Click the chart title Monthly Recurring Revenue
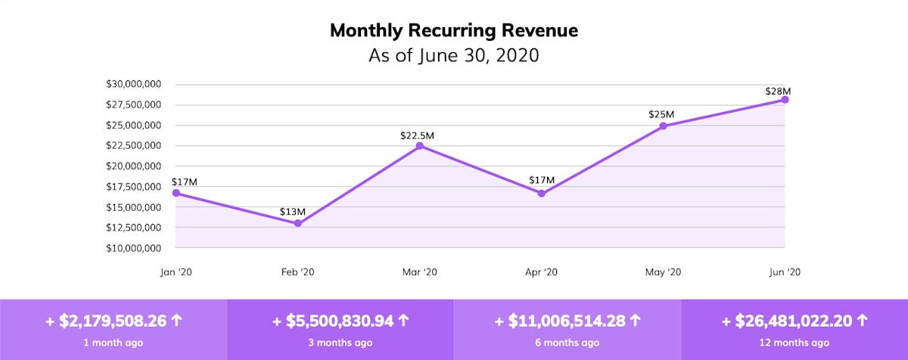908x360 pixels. [454, 31]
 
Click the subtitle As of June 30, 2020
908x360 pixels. [454, 56]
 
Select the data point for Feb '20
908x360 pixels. [298, 223]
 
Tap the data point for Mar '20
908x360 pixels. [420, 146]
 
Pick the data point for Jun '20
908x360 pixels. [785, 100]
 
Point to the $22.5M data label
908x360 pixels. [418, 136]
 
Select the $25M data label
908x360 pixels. [661, 114]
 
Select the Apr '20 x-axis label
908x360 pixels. [542, 272]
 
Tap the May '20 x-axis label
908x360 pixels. [664, 272]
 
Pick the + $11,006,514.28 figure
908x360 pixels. [561, 321]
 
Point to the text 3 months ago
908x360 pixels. [340, 343]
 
